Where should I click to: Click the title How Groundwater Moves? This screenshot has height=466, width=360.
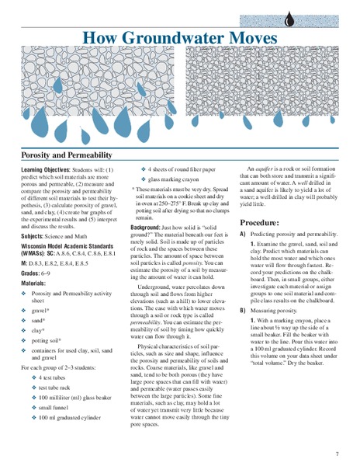pyautogui.click(x=179, y=37)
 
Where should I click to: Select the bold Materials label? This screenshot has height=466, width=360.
pyautogui.click(x=36, y=284)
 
